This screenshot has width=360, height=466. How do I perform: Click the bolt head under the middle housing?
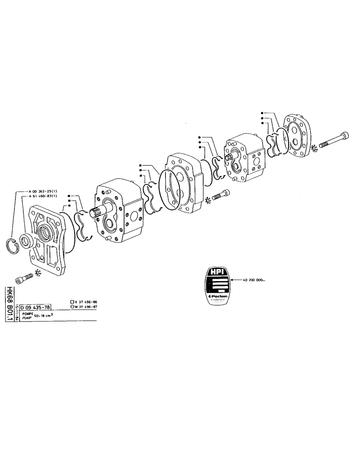point(226,192)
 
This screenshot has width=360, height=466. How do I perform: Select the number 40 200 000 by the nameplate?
point(254,281)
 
